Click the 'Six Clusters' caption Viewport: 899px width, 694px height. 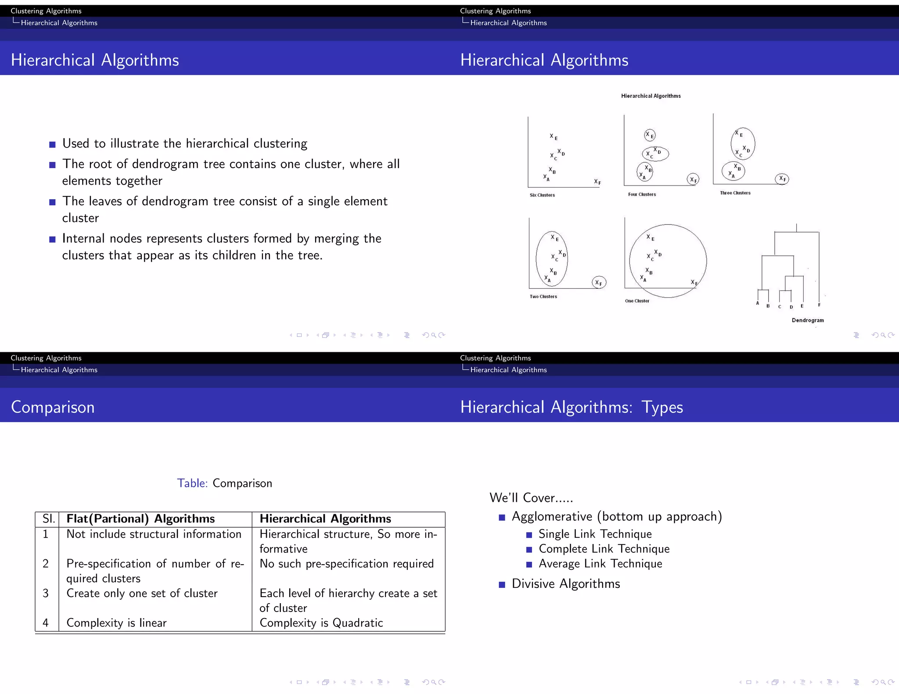click(x=542, y=195)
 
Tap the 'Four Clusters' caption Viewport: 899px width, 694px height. click(x=642, y=194)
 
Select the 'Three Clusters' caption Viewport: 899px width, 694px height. click(x=735, y=193)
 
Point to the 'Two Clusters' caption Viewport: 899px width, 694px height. click(x=543, y=297)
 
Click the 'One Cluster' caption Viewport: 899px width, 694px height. click(x=637, y=301)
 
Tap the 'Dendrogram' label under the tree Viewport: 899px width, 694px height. click(x=808, y=320)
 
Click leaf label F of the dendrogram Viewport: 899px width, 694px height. click(x=819, y=305)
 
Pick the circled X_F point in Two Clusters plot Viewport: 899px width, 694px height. click(x=599, y=283)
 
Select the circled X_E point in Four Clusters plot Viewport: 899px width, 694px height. click(x=650, y=135)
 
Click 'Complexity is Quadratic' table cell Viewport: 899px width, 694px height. click(x=321, y=623)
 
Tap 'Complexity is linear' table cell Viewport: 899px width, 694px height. click(x=116, y=623)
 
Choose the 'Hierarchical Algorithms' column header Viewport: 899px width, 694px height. click(x=325, y=519)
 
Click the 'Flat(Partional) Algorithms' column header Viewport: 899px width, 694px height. click(x=140, y=519)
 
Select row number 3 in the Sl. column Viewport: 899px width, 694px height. click(x=46, y=594)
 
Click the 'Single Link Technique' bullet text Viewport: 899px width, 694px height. click(x=595, y=534)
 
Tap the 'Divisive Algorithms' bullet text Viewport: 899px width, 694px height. click(x=566, y=584)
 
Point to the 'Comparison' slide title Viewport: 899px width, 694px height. click(x=53, y=407)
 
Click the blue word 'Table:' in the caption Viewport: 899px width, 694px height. click(x=192, y=483)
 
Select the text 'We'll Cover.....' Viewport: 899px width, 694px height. click(x=531, y=498)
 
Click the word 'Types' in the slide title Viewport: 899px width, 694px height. click(x=662, y=407)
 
